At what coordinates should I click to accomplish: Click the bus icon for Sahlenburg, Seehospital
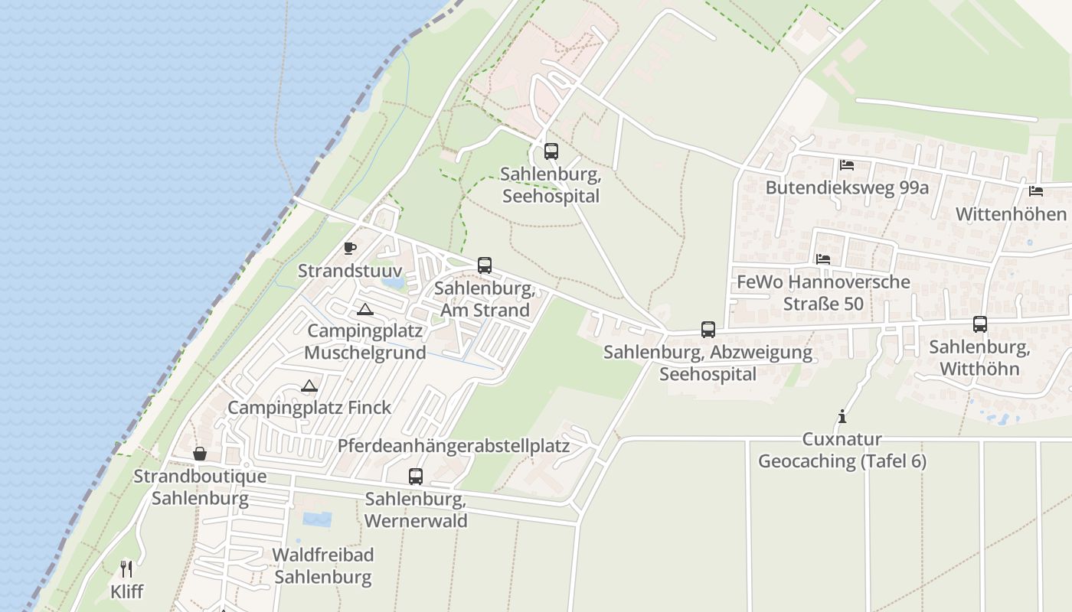click(x=551, y=151)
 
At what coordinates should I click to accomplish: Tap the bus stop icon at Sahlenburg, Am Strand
click(x=485, y=265)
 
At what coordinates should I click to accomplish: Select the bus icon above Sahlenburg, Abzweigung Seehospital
click(x=708, y=330)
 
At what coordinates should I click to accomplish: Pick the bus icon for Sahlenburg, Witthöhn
click(x=980, y=324)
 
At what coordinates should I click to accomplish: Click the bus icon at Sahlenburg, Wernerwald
click(x=416, y=477)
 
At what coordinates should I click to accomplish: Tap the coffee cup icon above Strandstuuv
click(x=350, y=248)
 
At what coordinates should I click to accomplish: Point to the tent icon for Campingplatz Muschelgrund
click(x=365, y=309)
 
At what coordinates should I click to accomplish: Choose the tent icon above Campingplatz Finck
click(x=309, y=386)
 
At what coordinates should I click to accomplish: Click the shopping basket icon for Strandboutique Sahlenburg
click(x=200, y=454)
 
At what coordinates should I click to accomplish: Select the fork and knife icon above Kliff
click(x=126, y=569)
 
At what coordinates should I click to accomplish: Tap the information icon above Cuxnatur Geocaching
click(x=842, y=417)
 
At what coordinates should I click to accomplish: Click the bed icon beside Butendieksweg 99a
click(x=846, y=164)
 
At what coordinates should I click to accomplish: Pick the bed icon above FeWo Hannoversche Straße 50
click(x=823, y=259)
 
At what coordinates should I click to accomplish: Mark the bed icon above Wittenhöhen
click(x=1036, y=190)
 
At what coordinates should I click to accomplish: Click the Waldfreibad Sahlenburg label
click(x=323, y=566)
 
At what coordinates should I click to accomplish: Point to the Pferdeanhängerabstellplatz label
click(x=454, y=446)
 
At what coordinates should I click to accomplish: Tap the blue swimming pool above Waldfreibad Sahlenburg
click(x=317, y=519)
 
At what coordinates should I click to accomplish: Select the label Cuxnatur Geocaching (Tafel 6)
click(x=842, y=451)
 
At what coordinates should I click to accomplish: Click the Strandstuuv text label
click(x=350, y=271)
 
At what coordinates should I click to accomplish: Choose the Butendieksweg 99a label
click(x=848, y=187)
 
